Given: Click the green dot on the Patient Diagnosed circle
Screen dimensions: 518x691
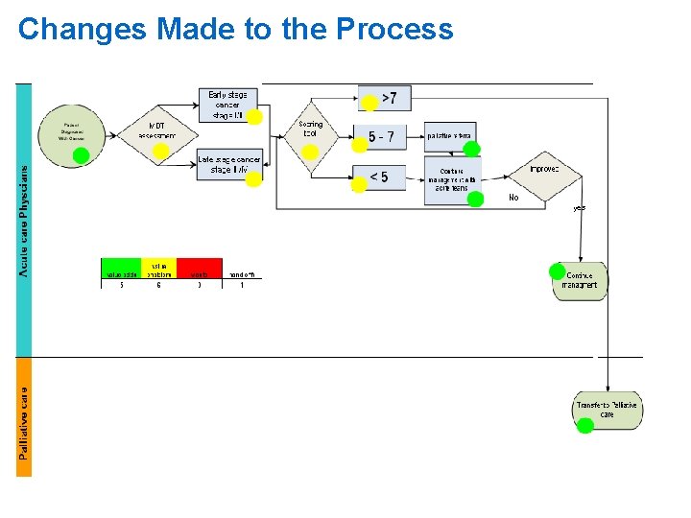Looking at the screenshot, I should point(82,154).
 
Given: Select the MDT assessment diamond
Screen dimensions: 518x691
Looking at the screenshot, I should point(156,131).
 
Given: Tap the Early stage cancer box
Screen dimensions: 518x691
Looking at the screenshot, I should point(227,104).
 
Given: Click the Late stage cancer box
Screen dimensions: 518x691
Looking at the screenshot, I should point(228,164).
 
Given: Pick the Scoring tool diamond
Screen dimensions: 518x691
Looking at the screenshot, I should point(310,134).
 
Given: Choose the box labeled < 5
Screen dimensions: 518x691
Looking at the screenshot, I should point(379,177).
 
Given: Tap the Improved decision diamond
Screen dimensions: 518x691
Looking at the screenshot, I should point(543,170).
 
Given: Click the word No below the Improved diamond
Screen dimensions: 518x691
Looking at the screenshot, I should point(513,198).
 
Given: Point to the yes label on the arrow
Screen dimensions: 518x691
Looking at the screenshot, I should point(579,207).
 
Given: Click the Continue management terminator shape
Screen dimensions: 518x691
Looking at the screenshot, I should point(581,281).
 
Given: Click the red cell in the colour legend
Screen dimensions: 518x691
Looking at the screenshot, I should point(199,270).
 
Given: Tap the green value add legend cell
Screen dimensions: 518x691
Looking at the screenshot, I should point(121,270).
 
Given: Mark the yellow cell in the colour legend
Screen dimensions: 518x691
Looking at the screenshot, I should point(159,270).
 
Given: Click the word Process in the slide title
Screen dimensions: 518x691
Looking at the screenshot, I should point(394,30).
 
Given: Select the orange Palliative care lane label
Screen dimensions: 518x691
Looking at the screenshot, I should point(23,417).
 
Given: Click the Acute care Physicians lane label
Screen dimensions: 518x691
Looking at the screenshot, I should point(23,221).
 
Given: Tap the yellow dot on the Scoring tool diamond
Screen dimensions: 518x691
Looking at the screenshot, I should point(310,152).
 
